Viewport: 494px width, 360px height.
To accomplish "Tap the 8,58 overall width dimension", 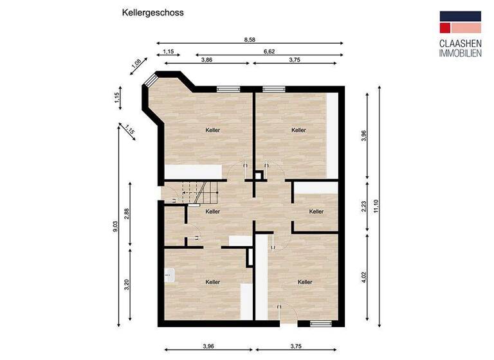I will click(x=249, y=40).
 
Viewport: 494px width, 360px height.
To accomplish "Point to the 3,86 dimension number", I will click(x=207, y=59).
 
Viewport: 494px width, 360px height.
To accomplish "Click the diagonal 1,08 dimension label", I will click(x=136, y=64).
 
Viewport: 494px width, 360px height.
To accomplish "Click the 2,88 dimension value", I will click(x=127, y=214).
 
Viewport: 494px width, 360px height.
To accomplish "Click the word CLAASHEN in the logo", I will click(x=460, y=44).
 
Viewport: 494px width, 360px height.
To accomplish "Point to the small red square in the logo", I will click(x=444, y=28).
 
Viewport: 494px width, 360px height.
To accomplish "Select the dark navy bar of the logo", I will click(x=460, y=16).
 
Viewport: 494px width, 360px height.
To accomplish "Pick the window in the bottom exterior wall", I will click(x=320, y=323).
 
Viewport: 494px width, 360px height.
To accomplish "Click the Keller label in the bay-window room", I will click(x=213, y=130).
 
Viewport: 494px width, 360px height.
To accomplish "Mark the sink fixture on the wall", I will click(x=169, y=274).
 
